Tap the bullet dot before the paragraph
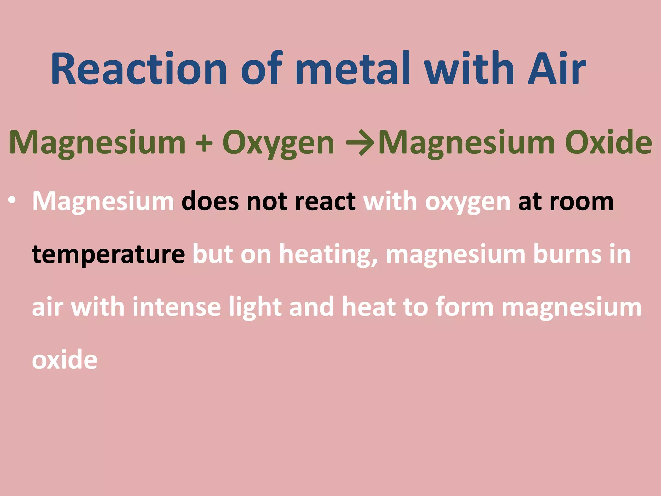pyautogui.click(x=12, y=201)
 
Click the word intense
pyautogui.click(x=177, y=307)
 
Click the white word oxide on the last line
pyautogui.click(x=65, y=360)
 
